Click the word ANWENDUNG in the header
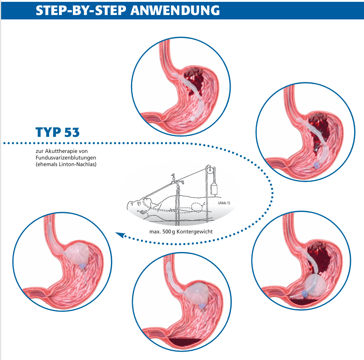[175, 10]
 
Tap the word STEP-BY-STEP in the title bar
[81, 10]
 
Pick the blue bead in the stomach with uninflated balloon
[316, 165]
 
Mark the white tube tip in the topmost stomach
[193, 119]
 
